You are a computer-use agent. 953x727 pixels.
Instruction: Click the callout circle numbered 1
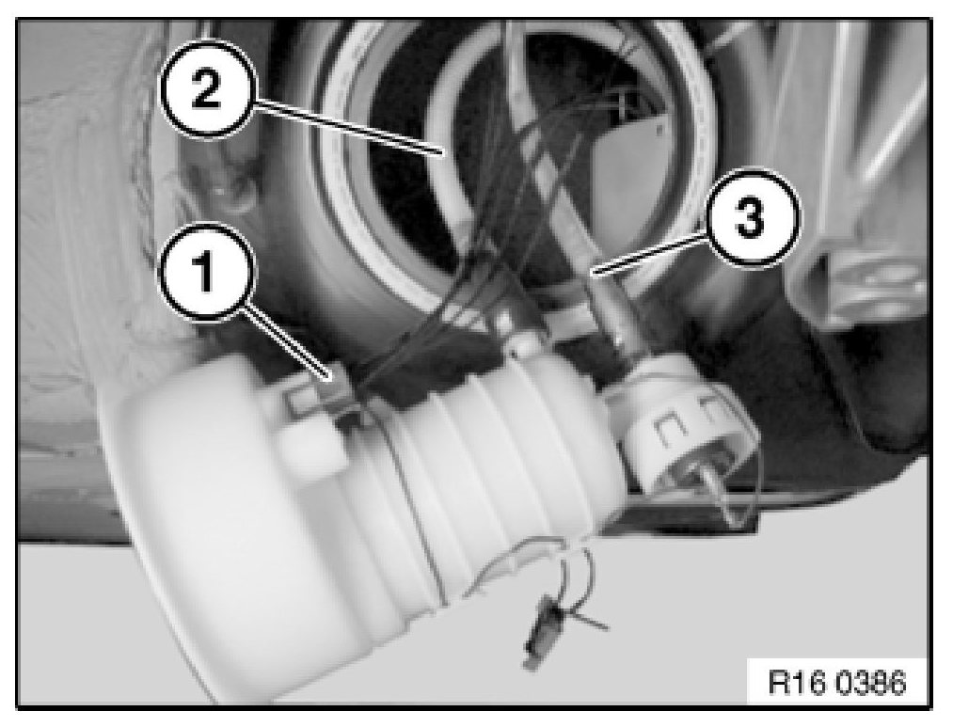click(204, 271)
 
